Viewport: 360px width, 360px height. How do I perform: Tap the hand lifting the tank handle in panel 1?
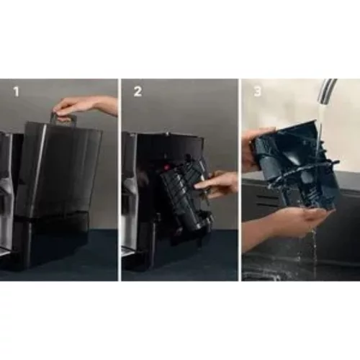pos(83,106)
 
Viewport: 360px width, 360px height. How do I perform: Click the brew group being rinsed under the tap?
pos(292,162)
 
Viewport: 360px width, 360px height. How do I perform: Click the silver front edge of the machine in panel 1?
pos(5,194)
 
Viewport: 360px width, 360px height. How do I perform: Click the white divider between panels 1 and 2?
pos(119,180)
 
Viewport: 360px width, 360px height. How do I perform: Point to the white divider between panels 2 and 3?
pos(239,180)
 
